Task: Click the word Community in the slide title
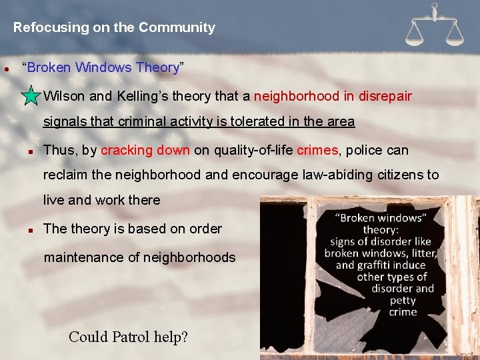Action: (x=177, y=28)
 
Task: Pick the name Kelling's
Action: (x=145, y=96)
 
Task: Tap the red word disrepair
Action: (x=385, y=96)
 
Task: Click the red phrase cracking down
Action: (x=145, y=151)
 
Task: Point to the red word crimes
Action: (x=317, y=151)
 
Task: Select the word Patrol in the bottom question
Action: (x=129, y=337)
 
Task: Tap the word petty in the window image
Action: (x=403, y=301)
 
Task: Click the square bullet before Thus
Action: (x=31, y=151)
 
